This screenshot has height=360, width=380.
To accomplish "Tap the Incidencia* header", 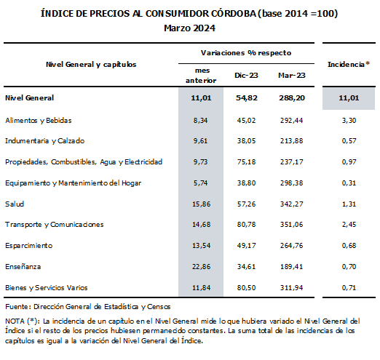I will (x=348, y=65).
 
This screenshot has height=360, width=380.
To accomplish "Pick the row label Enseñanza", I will (x=23, y=266).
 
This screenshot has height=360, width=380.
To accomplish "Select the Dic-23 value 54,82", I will (x=245, y=97).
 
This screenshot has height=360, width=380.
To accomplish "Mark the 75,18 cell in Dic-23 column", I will (x=245, y=161).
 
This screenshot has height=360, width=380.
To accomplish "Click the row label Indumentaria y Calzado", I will (x=44, y=140).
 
